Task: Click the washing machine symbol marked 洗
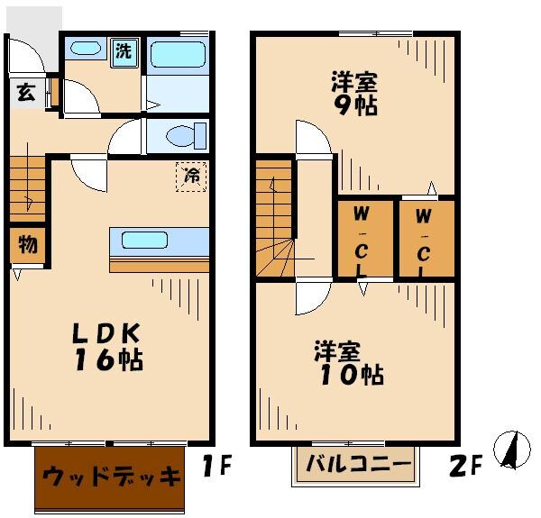coord(124,50)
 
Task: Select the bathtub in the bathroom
coord(178,58)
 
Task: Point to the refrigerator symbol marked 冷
coord(192,177)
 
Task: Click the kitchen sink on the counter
coord(145,241)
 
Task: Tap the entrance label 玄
coord(25,93)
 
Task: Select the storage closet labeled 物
coord(27,244)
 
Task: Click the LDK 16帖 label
coord(106,347)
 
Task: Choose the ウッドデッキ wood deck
coord(112,477)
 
